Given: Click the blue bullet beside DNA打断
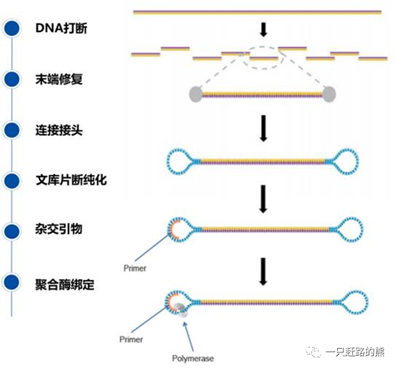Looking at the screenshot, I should point(12,29).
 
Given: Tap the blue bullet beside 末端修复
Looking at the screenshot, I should point(12,79).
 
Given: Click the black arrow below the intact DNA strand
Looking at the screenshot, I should point(264,29).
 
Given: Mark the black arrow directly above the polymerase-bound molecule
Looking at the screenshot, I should point(264,271).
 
